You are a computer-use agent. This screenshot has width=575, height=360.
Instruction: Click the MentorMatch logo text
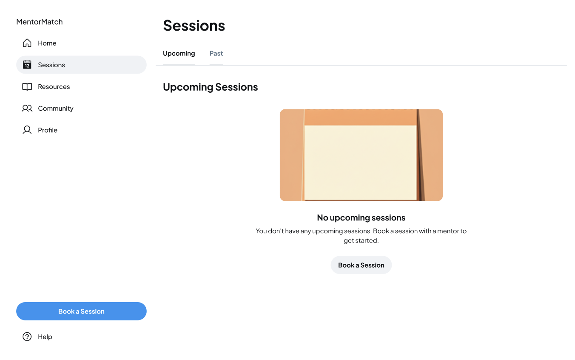click(x=40, y=22)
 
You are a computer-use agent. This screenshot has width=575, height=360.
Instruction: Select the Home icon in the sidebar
click(x=27, y=43)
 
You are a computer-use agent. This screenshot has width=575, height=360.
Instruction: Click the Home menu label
click(x=47, y=43)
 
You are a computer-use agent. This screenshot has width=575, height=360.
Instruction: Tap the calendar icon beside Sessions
click(x=27, y=65)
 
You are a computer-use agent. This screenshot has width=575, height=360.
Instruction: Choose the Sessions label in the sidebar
click(x=51, y=65)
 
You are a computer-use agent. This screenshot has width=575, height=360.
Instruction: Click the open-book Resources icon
click(x=27, y=87)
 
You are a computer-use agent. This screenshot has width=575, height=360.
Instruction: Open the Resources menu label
click(x=54, y=87)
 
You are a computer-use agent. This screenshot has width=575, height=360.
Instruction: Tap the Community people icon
click(x=27, y=109)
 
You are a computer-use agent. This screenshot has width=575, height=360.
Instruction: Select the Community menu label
click(x=56, y=109)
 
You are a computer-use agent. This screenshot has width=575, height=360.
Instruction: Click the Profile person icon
click(x=27, y=130)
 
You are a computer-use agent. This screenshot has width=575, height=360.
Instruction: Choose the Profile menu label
click(x=48, y=130)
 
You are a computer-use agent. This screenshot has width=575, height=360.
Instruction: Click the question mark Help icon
click(x=27, y=337)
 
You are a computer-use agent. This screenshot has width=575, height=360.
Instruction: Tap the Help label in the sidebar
click(x=45, y=337)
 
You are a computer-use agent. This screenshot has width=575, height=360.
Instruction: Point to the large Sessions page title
click(x=194, y=26)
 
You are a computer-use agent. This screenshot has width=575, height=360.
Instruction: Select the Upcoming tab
click(x=179, y=54)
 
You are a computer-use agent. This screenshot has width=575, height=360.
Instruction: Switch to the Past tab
click(x=216, y=54)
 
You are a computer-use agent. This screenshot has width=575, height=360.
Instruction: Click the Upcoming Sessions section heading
click(x=211, y=87)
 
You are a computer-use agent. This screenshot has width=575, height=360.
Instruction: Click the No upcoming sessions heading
click(x=361, y=218)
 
